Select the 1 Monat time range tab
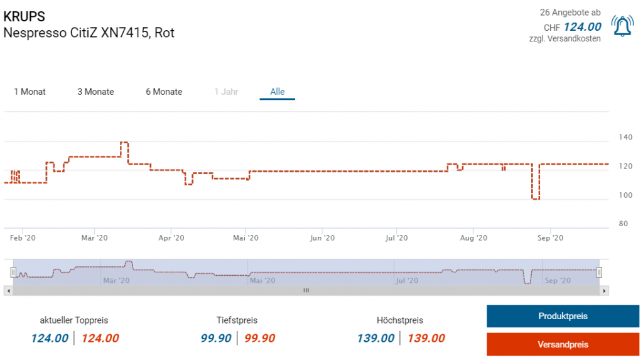(x=30, y=92)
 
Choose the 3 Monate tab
(x=95, y=92)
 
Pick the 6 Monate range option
(x=164, y=92)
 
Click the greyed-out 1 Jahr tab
(x=226, y=92)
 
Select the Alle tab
(x=278, y=92)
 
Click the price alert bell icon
(x=622, y=26)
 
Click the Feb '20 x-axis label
(x=23, y=238)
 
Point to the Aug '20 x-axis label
(x=473, y=238)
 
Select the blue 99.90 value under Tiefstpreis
(x=216, y=339)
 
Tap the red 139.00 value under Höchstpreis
(x=426, y=339)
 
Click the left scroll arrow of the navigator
(x=7, y=291)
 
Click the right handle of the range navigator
(x=599, y=272)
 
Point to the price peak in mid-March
(x=124, y=143)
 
